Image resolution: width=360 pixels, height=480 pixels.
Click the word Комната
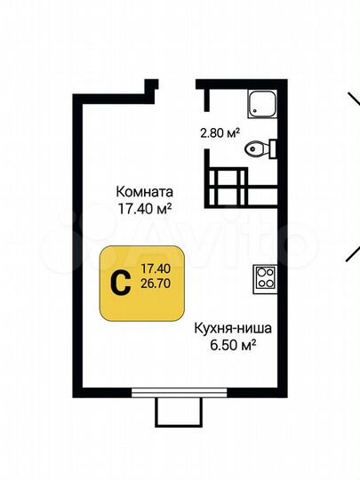click(x=143, y=191)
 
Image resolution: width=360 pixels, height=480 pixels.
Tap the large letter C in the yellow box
click(x=116, y=281)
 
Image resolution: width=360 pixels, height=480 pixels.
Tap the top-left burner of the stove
click(x=261, y=272)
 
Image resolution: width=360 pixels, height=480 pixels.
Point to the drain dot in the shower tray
click(x=255, y=112)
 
